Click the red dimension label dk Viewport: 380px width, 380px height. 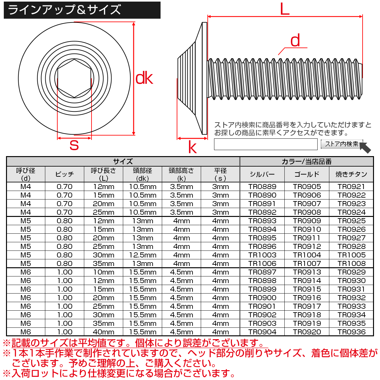click(144, 79)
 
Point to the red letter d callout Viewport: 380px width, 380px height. click(295, 41)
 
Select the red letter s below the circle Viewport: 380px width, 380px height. click(74, 145)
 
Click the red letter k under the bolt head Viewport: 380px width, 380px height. click(192, 148)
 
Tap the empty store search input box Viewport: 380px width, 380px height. click(266, 144)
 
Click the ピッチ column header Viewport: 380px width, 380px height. click(65, 174)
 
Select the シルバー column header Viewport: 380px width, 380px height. click(262, 174)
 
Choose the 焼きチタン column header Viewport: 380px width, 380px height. click(351, 174)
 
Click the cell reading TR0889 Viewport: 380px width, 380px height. click(262, 187)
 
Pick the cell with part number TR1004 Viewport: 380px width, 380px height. click(307, 255)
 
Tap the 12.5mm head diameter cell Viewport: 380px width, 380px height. click(142, 255)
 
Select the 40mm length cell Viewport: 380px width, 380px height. click(104, 332)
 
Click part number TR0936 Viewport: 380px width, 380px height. click(351, 332)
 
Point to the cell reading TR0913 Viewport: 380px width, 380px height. click(307, 272)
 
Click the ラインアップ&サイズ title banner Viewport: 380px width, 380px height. click(82, 10)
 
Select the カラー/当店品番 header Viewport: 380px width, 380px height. click(307, 161)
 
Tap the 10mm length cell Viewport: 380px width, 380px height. click(104, 272)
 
